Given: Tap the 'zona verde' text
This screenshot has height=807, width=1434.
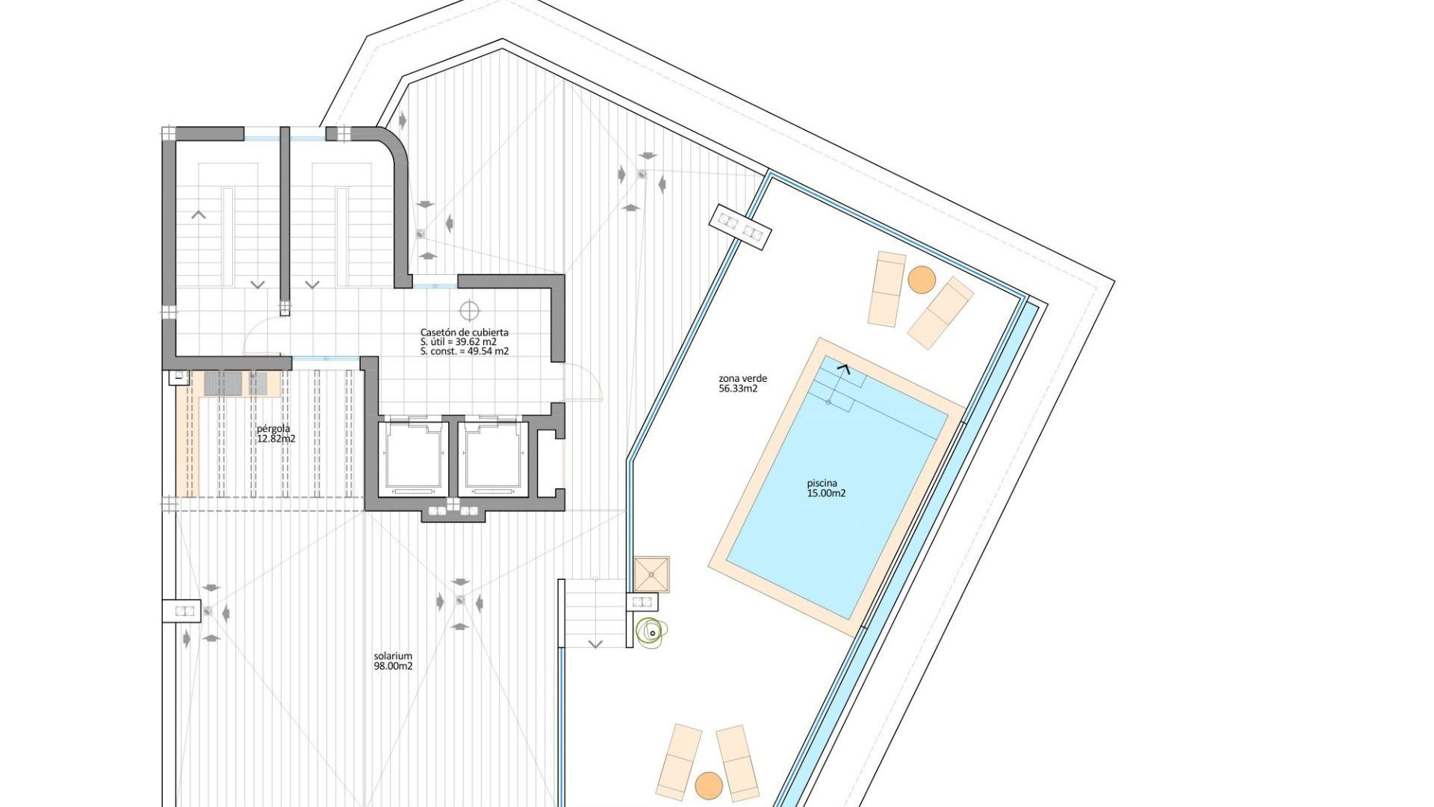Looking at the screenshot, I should click(742, 378).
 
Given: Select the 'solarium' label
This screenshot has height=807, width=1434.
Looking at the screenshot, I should click(393, 656).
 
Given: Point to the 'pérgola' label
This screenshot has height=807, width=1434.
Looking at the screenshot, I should click(273, 429).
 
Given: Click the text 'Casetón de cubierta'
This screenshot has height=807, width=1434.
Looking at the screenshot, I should click(464, 333).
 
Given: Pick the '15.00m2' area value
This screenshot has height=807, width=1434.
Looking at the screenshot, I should click(826, 493).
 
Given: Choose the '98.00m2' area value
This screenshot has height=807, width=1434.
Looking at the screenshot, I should click(393, 667).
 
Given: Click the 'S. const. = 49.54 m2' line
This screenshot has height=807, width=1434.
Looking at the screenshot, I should click(464, 351).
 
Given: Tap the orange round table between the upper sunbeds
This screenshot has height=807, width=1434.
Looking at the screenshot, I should click(922, 280).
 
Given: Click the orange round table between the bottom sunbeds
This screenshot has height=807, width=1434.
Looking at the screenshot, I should click(708, 785).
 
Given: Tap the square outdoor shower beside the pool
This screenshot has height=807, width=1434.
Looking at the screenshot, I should click(651, 574).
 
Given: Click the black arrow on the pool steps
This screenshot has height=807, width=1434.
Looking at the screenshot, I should click(845, 367).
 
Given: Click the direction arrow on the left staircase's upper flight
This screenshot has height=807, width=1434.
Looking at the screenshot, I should click(199, 215).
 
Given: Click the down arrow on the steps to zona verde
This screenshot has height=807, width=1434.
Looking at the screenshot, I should click(595, 643).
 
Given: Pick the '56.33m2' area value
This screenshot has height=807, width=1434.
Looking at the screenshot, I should click(738, 389).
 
